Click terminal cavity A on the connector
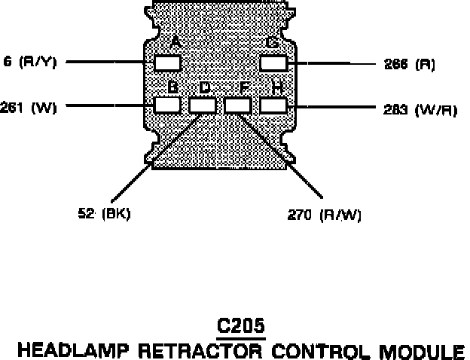coord(168,63)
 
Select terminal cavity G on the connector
coord(273,63)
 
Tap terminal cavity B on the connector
coord(168,104)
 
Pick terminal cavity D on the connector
coord(203,104)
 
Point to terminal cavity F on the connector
coord(238,104)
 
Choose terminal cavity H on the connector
coord(273,104)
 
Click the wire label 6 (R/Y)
coord(30,62)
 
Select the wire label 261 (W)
coord(29,106)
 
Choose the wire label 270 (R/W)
coord(325,215)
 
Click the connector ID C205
coord(240,326)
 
